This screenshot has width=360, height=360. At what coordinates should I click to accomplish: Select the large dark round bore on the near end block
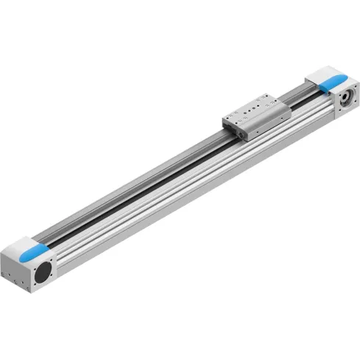coord(43,272)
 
